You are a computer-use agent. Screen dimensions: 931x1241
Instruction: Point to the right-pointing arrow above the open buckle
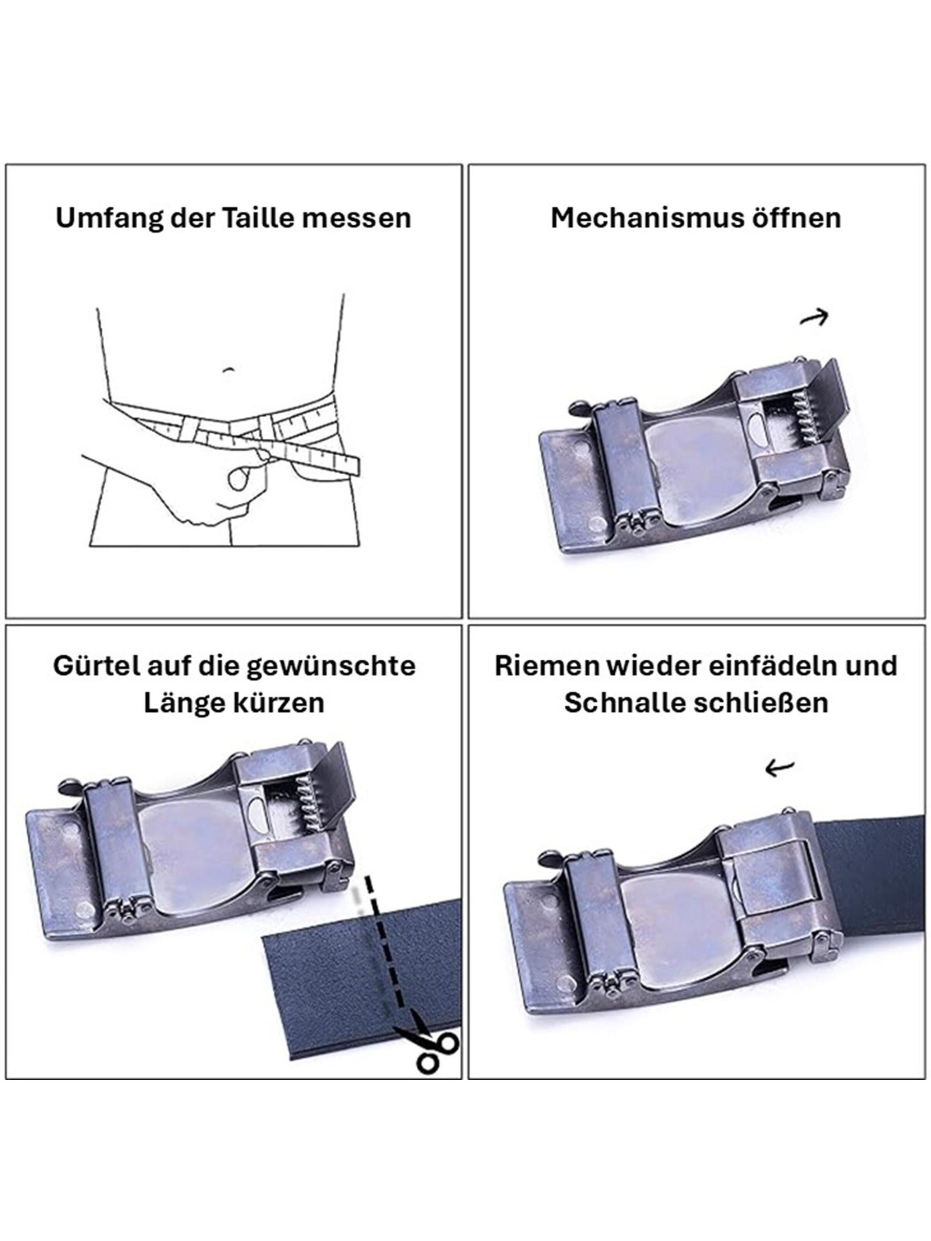tap(814, 318)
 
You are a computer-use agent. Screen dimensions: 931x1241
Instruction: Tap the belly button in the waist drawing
tap(227, 370)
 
